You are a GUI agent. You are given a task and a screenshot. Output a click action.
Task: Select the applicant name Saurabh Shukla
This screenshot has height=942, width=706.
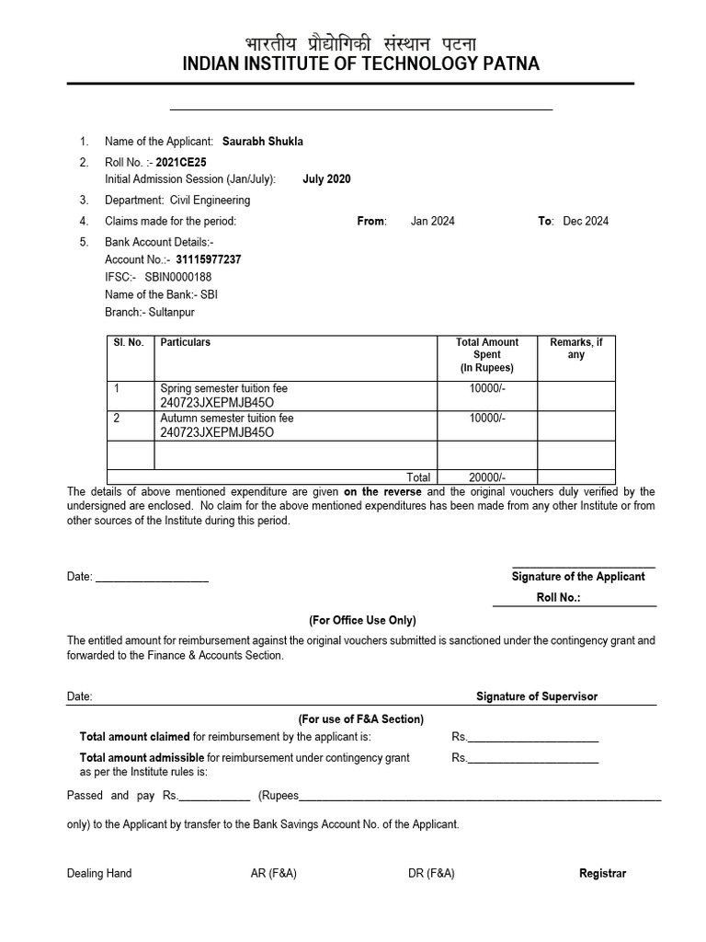coord(262,141)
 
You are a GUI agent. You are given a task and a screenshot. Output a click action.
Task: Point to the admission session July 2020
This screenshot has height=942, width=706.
coord(326,178)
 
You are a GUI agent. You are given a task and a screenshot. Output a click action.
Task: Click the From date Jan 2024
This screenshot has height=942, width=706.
coord(432,221)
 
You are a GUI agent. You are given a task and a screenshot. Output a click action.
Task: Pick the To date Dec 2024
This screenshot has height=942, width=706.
coord(586,221)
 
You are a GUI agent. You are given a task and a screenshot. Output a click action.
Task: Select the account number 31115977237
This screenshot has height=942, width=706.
coord(202,259)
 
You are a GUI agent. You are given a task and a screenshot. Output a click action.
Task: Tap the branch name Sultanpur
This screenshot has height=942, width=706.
coord(172,312)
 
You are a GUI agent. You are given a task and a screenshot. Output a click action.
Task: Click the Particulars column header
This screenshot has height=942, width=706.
coord(186,342)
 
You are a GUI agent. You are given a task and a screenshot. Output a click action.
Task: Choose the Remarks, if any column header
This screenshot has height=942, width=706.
coord(575,349)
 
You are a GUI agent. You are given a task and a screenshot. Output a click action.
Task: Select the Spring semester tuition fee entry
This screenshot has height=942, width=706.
coord(224,389)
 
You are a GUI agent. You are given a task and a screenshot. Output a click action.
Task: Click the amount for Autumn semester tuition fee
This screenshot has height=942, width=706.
coord(487,419)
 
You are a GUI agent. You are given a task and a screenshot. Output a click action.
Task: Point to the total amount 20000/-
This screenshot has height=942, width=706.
coord(487,477)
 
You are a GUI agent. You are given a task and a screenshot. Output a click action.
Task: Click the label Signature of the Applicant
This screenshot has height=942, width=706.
coord(578,577)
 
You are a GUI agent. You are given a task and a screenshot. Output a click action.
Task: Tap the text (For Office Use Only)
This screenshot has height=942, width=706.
coord(362,620)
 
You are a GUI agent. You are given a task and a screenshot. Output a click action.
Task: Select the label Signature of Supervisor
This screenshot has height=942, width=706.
coord(537,696)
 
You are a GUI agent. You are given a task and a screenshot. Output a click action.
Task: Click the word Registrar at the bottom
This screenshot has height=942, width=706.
coord(602,873)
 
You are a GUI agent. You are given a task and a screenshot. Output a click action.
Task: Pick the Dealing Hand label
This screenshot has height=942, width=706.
coord(99,873)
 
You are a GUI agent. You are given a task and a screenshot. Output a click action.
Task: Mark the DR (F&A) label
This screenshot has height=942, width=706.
coord(431,873)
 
